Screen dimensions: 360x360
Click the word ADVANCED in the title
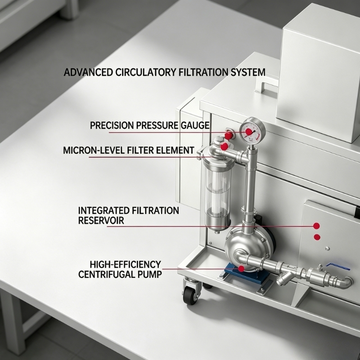[x=88, y=72]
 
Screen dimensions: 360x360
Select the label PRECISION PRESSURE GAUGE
[x=150, y=126]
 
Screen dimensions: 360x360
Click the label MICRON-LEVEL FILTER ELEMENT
[x=129, y=150]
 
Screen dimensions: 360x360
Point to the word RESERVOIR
[x=101, y=220]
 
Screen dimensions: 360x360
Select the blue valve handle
[x=338, y=266]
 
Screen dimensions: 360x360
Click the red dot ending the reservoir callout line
[x=316, y=226]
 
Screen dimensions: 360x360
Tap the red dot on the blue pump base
[x=241, y=268]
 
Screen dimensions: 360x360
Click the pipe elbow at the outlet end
[x=346, y=283]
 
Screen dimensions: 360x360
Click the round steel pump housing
[x=247, y=246]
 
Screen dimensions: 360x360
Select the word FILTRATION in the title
[x=203, y=72]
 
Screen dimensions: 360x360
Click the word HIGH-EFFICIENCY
[x=126, y=265]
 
